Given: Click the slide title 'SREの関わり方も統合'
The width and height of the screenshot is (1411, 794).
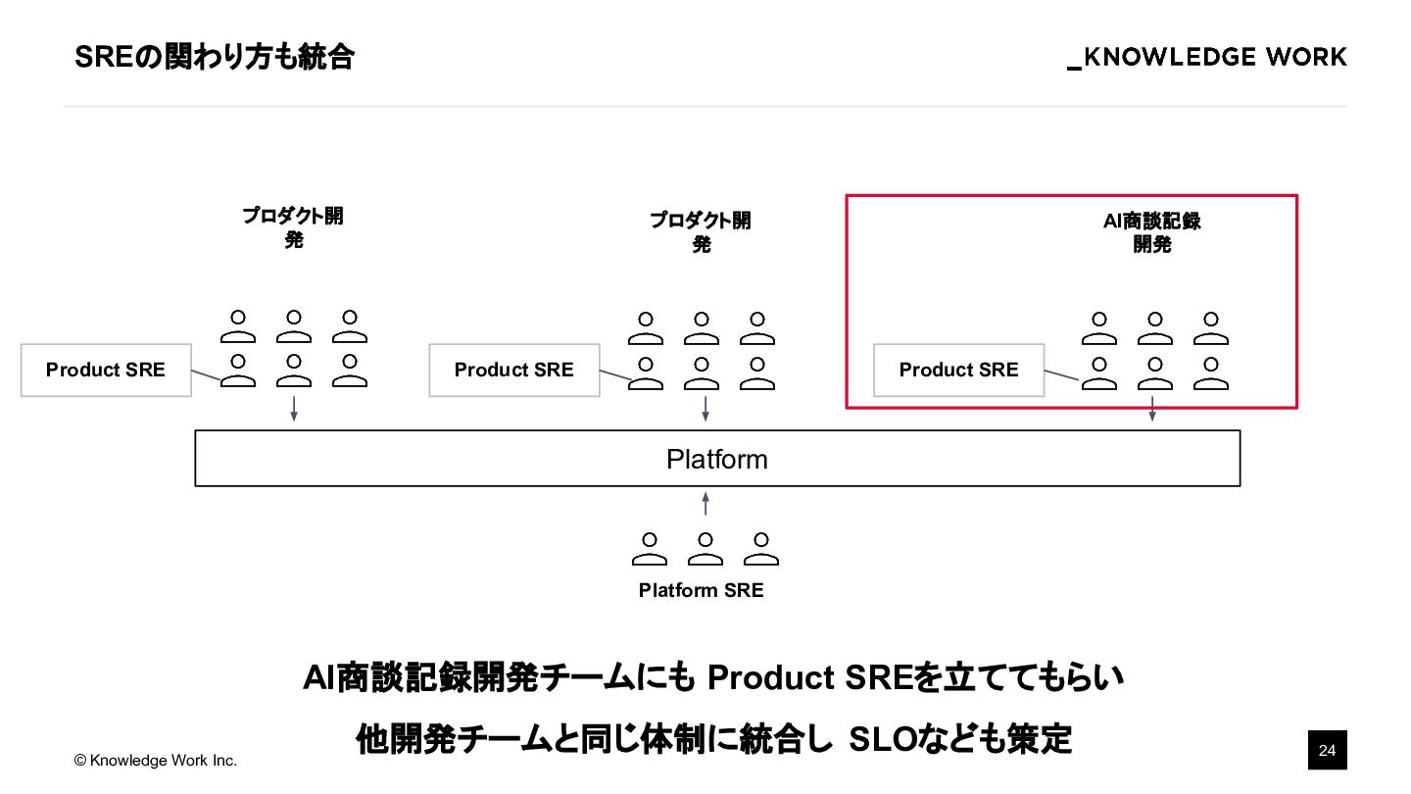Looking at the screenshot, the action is pos(214,58).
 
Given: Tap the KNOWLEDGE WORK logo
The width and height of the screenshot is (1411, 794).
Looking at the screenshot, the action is pos(1207,58).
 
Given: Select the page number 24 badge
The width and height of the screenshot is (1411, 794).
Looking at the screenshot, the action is pos(1328,751).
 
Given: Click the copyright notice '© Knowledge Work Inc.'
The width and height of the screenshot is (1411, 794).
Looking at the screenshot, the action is pos(156,761).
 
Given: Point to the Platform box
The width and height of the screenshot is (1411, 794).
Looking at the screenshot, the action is pos(717,459).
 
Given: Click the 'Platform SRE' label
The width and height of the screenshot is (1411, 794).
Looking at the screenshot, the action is pos(701,590).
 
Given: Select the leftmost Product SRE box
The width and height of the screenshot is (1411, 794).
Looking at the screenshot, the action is pos(106,370).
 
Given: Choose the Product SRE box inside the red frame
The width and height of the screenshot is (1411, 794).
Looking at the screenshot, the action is pos(958,370).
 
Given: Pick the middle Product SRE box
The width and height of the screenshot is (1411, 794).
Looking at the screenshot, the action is pos(514,370).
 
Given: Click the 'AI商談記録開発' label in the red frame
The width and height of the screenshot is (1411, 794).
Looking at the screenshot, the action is pos(1152,232).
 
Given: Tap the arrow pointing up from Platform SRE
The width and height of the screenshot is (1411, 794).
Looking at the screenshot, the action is pos(705,504).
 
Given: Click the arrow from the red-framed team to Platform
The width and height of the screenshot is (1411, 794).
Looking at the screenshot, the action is pos(1152,409).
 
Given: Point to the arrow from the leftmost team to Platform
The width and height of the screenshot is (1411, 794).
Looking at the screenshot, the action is pos(294,410).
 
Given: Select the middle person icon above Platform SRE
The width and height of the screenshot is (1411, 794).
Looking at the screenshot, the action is pos(705,549).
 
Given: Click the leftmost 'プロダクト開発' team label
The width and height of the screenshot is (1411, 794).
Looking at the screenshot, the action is pos(293,227).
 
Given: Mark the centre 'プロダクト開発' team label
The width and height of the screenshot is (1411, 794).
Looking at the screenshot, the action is pos(701,231).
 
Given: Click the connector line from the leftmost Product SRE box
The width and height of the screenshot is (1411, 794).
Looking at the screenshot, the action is pos(206,376).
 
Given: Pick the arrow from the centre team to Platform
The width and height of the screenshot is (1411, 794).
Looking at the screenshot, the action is pos(705,410).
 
